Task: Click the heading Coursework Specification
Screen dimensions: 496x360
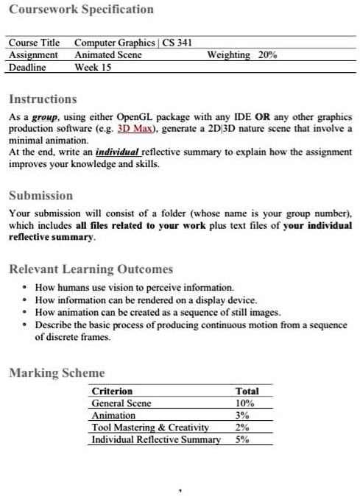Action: click(81, 10)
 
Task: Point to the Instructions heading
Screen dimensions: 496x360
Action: click(42, 99)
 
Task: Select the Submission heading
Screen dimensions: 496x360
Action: click(40, 196)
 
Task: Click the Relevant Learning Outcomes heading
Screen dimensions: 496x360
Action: click(91, 269)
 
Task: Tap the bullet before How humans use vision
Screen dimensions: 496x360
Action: click(25, 287)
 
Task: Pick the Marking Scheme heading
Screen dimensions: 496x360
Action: click(57, 373)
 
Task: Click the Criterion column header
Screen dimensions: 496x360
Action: click(112, 392)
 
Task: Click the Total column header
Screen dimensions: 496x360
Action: click(247, 392)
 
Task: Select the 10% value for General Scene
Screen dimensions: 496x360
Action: click(244, 403)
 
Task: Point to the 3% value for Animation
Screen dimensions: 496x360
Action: click(243, 415)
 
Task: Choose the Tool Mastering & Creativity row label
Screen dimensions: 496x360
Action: click(150, 428)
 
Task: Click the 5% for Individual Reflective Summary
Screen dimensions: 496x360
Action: click(243, 439)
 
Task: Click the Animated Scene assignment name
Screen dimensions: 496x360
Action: click(103, 55)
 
